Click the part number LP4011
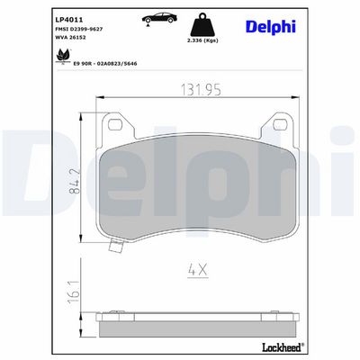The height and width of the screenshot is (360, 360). pyautogui.click(x=69, y=20)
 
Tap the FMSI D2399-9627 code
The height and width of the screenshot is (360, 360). pyautogui.click(x=79, y=29)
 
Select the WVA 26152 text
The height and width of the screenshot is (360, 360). pyautogui.click(x=70, y=38)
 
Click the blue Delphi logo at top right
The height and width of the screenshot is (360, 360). pyautogui.click(x=271, y=27)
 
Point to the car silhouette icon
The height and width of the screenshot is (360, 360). pyautogui.click(x=159, y=19)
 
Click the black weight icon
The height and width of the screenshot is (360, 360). pyautogui.click(x=203, y=24)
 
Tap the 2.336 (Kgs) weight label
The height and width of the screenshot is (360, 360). pyautogui.click(x=203, y=40)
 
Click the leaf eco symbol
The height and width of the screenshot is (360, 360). pyautogui.click(x=63, y=56)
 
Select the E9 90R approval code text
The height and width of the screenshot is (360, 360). pyautogui.click(x=105, y=64)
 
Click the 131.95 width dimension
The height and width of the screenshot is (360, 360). pyautogui.click(x=201, y=90)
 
